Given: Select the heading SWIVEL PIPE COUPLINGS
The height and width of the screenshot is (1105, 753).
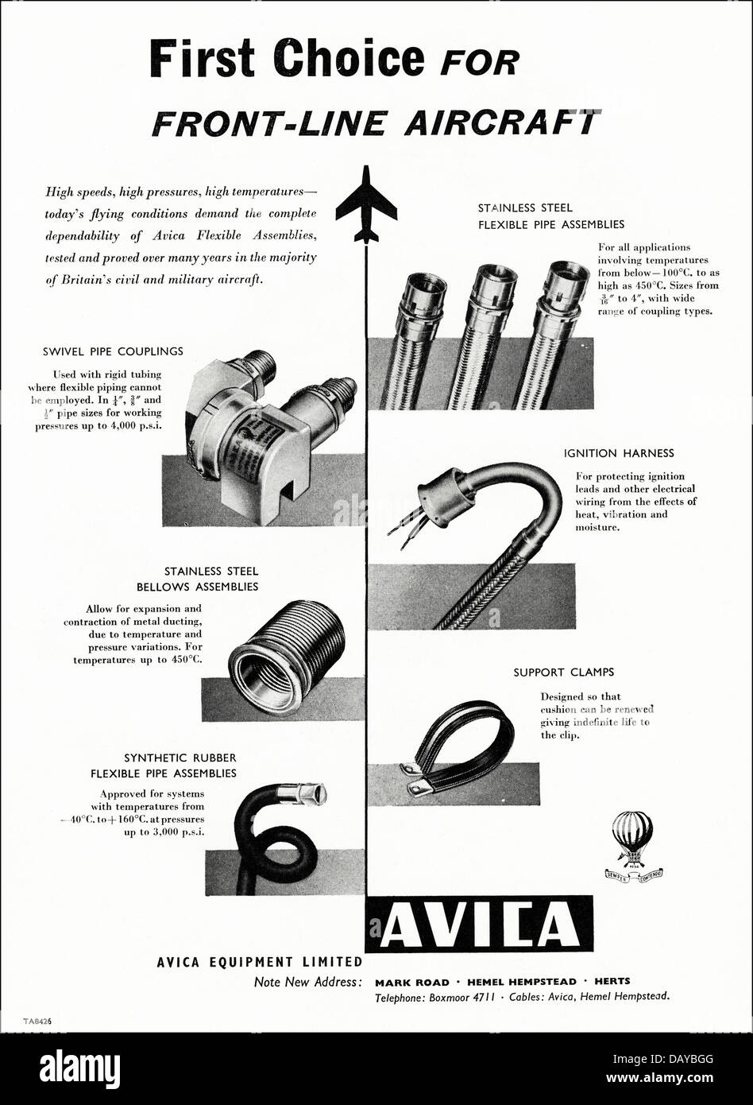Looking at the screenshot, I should coord(114,351).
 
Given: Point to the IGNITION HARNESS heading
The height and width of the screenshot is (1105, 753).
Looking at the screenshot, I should coord(619,453).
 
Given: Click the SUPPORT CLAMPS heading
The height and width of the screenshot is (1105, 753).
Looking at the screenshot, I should coord(563,673).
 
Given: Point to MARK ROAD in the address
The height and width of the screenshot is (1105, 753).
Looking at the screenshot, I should coord(411,981).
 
